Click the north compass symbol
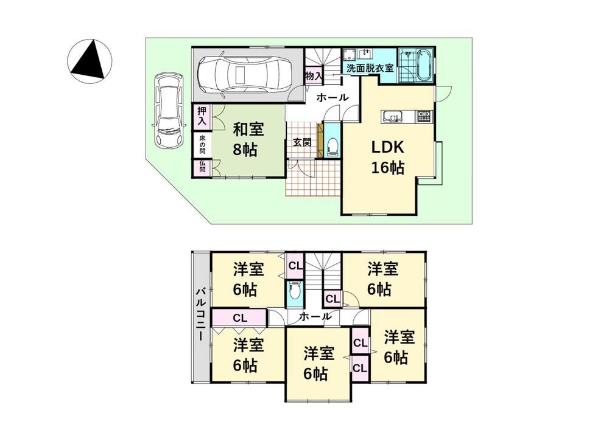90,61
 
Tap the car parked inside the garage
244,73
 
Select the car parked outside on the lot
169,111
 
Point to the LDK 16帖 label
388,158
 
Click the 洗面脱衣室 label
370,68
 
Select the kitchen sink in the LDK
392,116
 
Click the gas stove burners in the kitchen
424,116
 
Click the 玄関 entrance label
302,142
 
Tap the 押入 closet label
202,116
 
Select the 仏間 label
202,167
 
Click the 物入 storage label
314,75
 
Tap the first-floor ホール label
333,98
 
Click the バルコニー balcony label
200,314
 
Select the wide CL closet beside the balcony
239,318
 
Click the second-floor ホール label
315,316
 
